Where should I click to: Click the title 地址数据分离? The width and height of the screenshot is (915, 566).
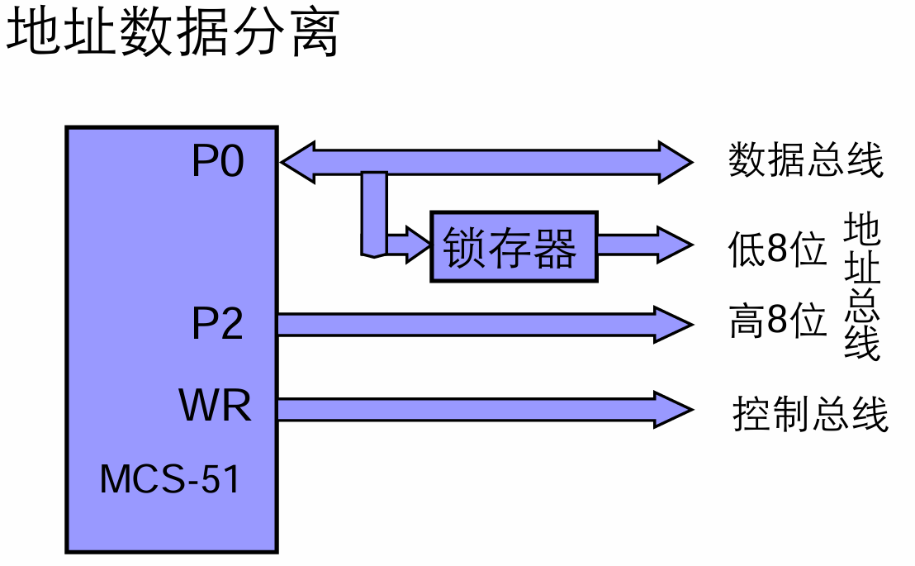[x=173, y=35]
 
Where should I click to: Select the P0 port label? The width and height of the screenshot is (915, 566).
[x=218, y=162]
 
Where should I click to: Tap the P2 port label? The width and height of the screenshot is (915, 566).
[x=218, y=324]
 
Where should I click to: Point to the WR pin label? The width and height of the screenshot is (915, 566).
[x=215, y=406]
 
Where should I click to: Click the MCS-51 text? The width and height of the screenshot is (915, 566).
[x=170, y=479]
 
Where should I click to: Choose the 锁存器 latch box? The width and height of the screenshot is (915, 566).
[x=513, y=246]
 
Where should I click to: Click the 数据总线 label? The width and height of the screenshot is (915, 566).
[x=806, y=160]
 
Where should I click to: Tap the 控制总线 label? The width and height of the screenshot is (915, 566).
[x=810, y=413]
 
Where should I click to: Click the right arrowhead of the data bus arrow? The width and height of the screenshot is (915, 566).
[x=673, y=160]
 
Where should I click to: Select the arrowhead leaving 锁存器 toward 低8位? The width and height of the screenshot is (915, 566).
[x=673, y=245]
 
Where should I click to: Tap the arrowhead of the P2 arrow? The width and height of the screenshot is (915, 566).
[x=673, y=324]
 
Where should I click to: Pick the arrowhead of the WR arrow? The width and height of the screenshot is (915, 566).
[x=673, y=409]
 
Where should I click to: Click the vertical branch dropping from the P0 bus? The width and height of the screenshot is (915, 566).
[x=374, y=211]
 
